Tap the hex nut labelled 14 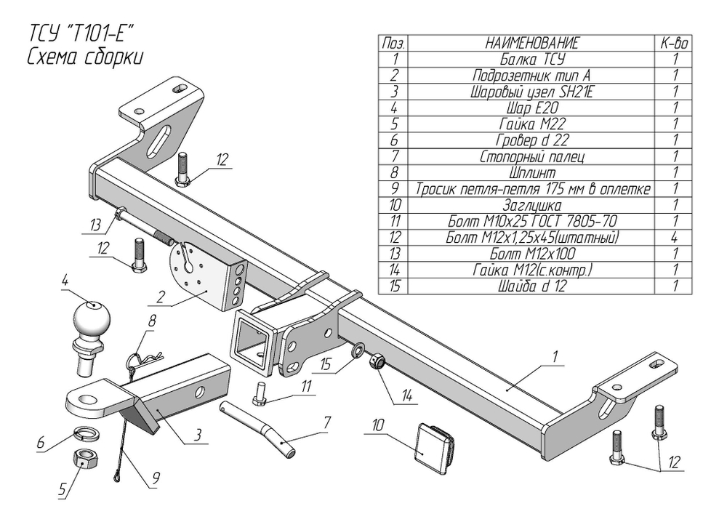pyautogui.click(x=378, y=361)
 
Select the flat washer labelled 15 pyautogui.click(x=358, y=352)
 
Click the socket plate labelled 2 pyautogui.click(x=196, y=278)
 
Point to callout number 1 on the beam pyautogui.click(x=555, y=356)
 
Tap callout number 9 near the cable pyautogui.click(x=156, y=478)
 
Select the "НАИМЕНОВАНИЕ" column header pyautogui.click(x=532, y=44)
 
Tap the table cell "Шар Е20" pyautogui.click(x=532, y=108)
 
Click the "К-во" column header pyautogui.click(x=674, y=44)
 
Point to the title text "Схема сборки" pyautogui.click(x=85, y=57)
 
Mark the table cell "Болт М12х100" pyautogui.click(x=532, y=254)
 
